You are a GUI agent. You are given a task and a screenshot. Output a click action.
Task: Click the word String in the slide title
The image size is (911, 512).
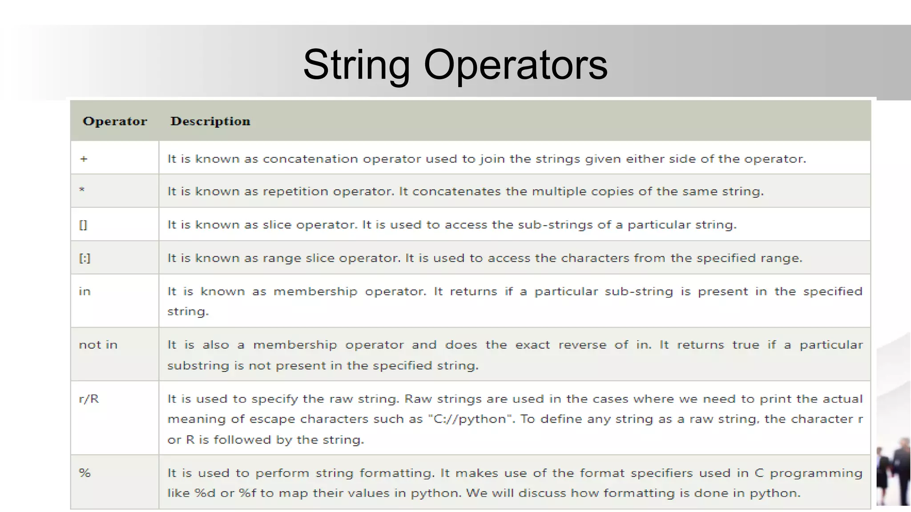click(356, 65)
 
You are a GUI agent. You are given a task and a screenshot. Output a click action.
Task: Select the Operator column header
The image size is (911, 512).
click(115, 121)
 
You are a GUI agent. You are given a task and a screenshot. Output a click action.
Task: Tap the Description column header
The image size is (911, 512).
click(210, 121)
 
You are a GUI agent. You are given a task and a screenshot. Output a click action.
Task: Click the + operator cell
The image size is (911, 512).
click(84, 159)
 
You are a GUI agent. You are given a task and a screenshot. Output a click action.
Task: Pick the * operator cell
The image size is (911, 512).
click(82, 190)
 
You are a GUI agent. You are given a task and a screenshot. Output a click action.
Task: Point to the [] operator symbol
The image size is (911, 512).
click(83, 225)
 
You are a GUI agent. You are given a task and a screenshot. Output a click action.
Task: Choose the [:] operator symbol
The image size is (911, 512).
click(85, 258)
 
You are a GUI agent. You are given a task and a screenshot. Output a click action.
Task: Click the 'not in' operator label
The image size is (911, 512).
click(98, 345)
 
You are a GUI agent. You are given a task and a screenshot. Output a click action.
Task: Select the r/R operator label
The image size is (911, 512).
click(89, 399)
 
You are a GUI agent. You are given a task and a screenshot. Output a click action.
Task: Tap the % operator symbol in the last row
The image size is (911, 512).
click(85, 473)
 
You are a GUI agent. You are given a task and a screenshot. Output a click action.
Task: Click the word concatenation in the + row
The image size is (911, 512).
click(310, 159)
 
